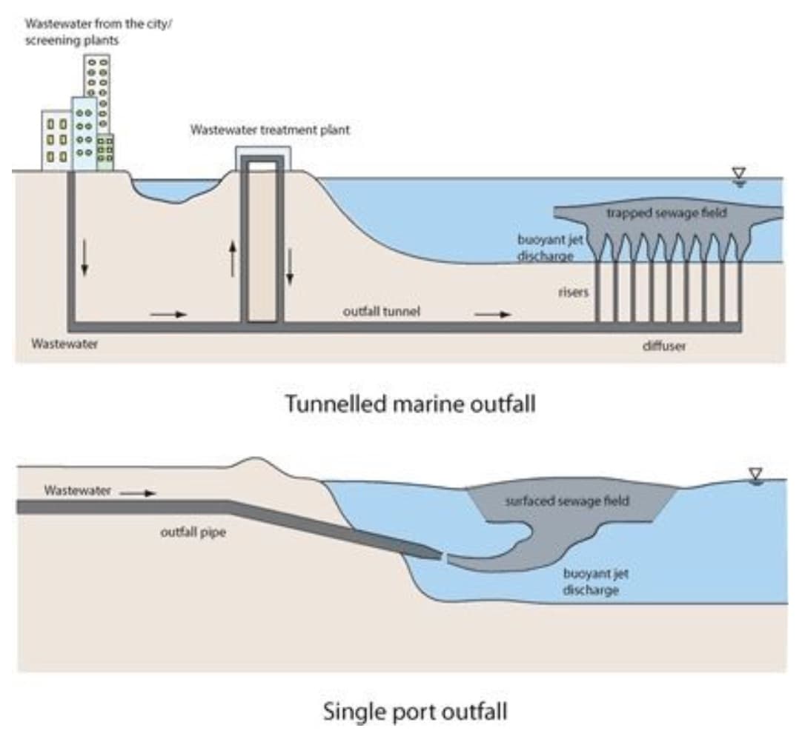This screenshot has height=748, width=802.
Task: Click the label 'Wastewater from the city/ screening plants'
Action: click(x=98, y=31)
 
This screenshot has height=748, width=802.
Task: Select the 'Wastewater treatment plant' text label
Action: click(x=270, y=130)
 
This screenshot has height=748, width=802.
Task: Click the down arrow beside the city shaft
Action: click(x=84, y=258)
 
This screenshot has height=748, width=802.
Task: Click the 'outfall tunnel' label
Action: click(x=381, y=312)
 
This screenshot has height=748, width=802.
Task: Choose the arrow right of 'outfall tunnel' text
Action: click(x=492, y=314)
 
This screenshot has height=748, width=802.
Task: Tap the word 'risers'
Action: click(x=572, y=292)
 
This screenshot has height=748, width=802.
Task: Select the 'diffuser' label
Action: click(x=663, y=346)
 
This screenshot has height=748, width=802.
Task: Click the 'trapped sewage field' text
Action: click(x=666, y=213)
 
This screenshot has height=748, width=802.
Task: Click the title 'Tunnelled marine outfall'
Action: click(x=410, y=404)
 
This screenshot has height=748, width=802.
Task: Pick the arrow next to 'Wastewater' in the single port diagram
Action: click(x=138, y=492)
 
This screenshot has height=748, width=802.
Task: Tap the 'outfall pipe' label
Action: click(x=193, y=532)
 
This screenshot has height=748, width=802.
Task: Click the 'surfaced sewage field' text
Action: click(x=567, y=501)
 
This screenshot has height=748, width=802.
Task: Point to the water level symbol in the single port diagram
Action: click(x=755, y=475)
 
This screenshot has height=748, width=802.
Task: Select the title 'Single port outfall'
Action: click(x=415, y=712)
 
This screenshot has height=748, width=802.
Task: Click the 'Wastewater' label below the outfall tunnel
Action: click(x=64, y=344)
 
